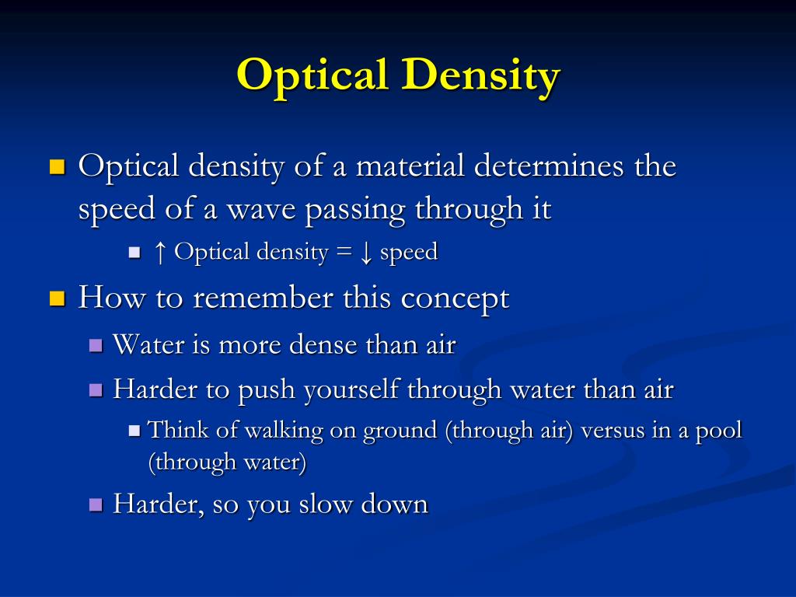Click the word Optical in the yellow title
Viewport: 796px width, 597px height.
pos(312,76)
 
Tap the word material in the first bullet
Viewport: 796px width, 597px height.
pos(407,166)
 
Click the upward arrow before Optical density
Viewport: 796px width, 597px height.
pos(160,252)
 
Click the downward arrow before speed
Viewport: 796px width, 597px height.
pos(366,253)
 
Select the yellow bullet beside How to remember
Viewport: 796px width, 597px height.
pos(57,298)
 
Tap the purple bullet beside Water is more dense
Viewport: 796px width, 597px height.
pos(96,345)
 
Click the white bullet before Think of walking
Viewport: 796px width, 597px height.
pos(134,430)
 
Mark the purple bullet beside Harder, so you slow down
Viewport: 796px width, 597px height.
pos(96,504)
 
